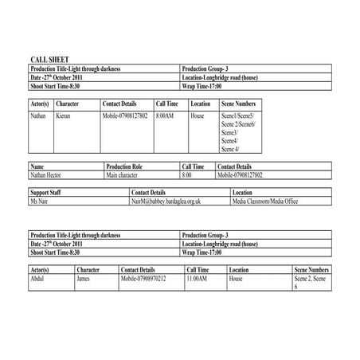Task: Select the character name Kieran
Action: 65,116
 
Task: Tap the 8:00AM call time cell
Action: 164,116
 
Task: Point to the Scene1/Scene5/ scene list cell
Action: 238,116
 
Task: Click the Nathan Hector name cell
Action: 45,174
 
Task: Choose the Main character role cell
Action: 123,174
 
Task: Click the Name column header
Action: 37,166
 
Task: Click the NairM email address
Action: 166,202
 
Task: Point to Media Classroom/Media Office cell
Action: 265,202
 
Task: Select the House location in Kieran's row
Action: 198,116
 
